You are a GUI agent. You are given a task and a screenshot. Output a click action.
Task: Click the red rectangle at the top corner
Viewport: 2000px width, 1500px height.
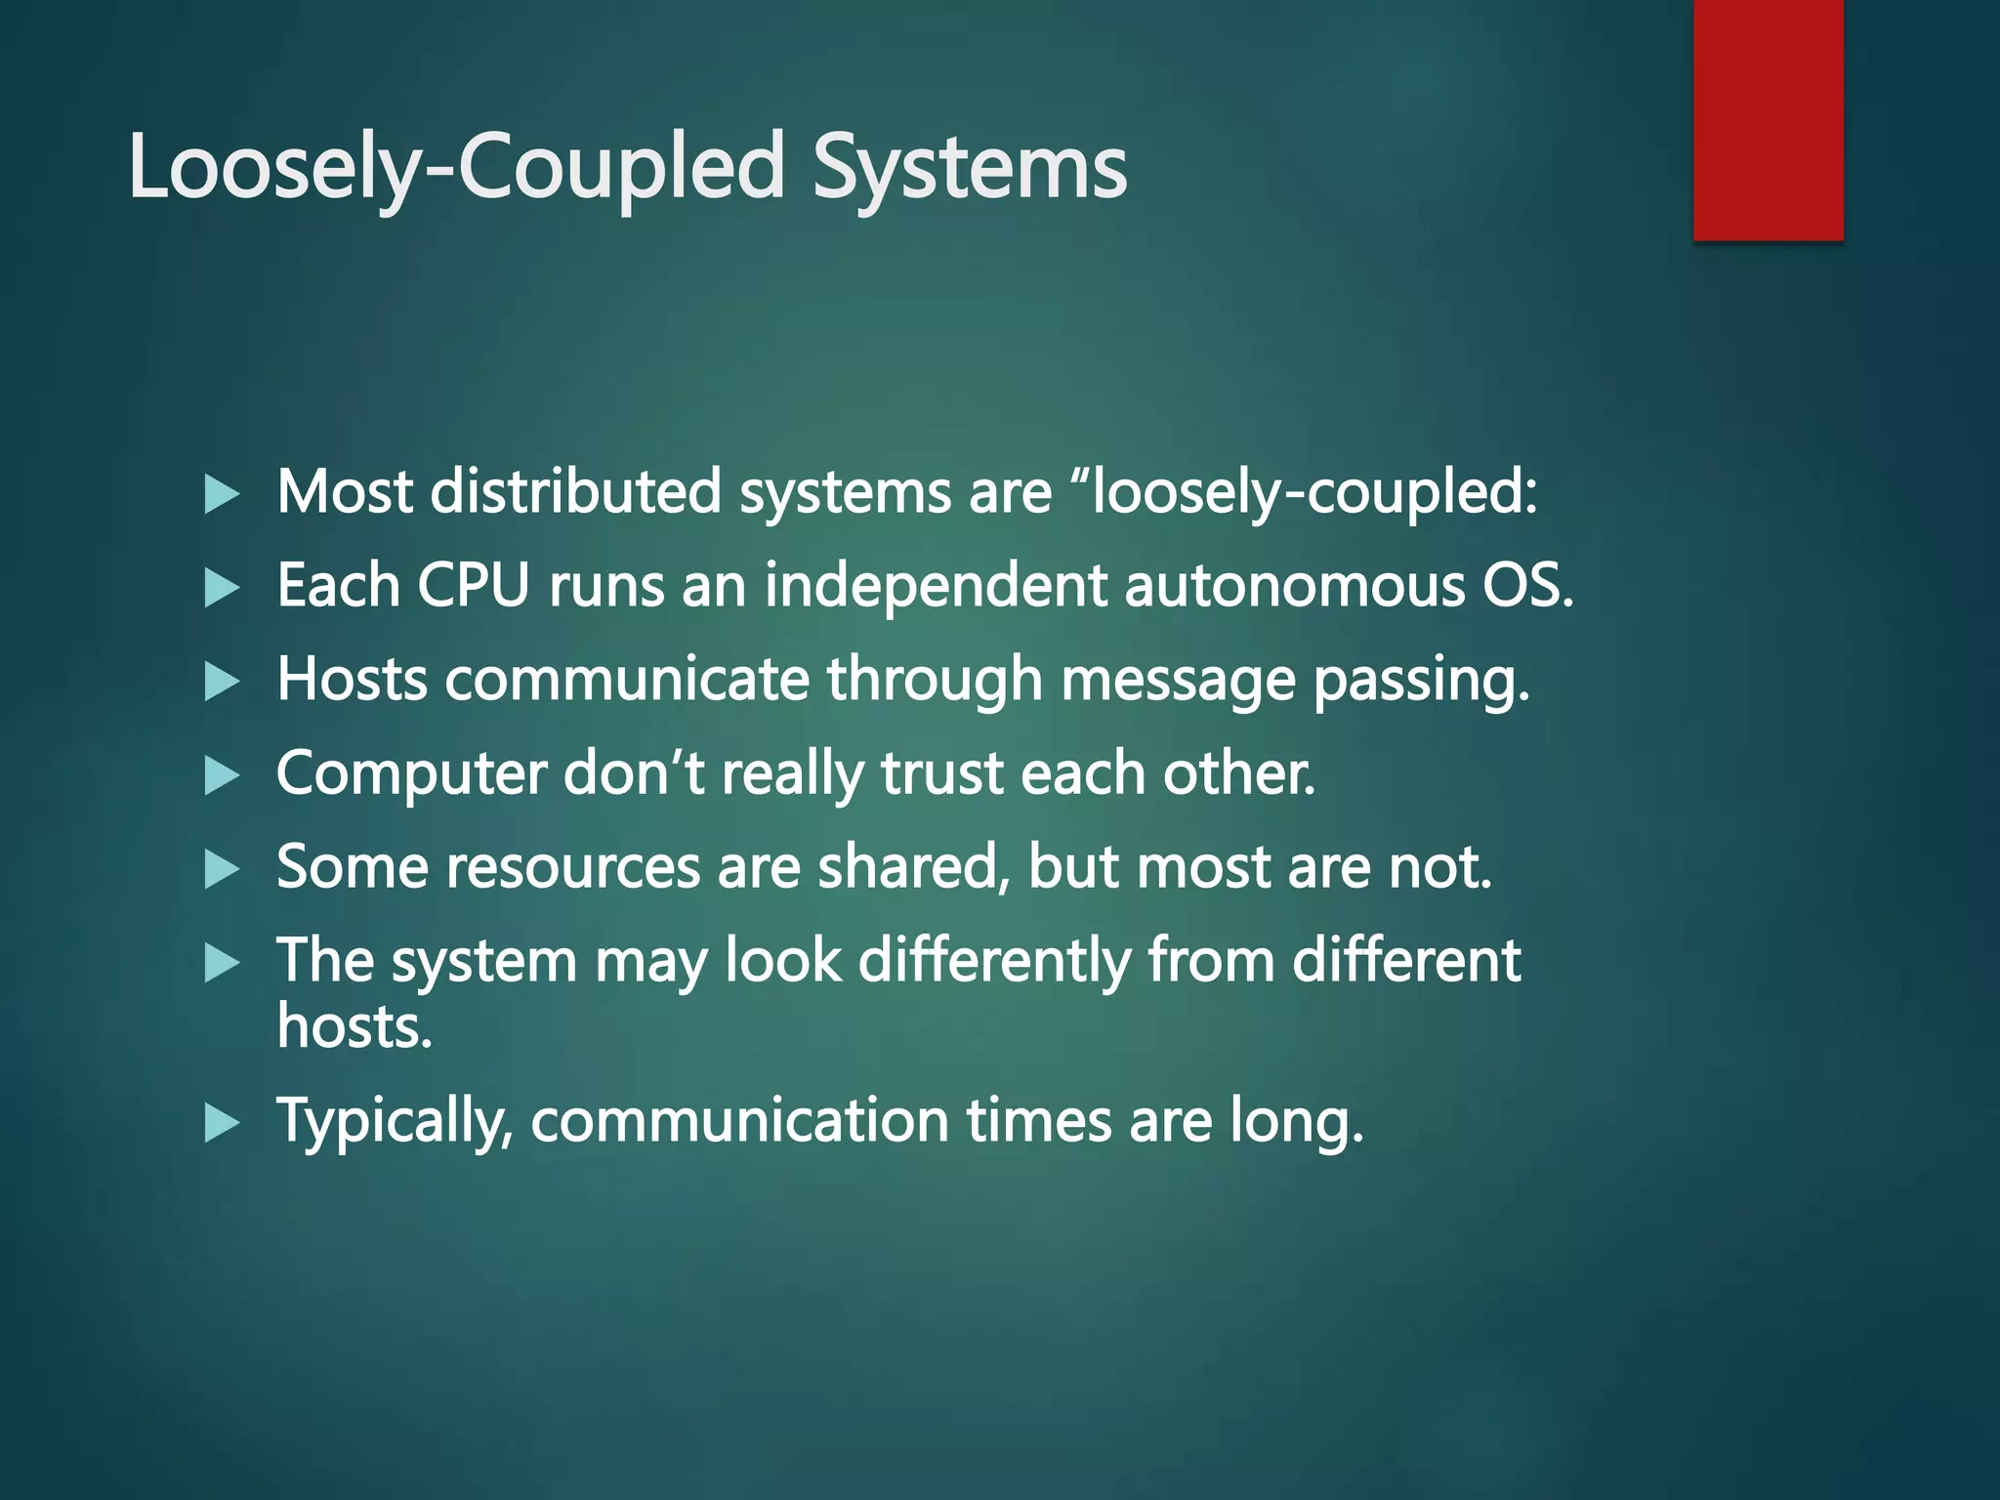coord(1768,119)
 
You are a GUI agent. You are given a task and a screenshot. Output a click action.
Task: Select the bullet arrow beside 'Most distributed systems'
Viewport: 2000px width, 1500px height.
coord(222,495)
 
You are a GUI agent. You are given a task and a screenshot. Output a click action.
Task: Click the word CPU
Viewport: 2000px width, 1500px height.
coord(473,586)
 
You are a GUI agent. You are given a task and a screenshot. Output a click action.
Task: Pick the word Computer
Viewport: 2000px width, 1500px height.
coord(411,773)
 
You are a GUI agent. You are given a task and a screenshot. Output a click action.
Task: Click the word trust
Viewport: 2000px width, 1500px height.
coord(941,773)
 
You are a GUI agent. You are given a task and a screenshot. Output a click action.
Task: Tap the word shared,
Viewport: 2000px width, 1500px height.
coord(913,867)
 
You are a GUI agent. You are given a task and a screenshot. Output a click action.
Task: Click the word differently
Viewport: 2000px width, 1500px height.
coord(993,961)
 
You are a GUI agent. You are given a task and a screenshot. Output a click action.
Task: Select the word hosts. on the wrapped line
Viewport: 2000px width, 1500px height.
coord(354,1026)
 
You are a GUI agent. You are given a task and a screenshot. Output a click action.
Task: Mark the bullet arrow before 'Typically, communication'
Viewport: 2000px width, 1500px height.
coord(222,1123)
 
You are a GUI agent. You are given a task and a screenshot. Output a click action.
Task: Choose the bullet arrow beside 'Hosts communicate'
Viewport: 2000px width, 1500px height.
coord(222,683)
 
